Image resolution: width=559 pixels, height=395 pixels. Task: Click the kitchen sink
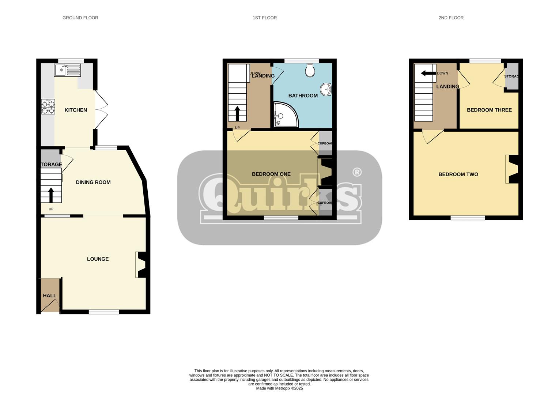[x=67, y=70]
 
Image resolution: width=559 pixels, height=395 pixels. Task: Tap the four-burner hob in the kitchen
[x=48, y=107]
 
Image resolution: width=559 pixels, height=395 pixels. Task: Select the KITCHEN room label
[x=76, y=110]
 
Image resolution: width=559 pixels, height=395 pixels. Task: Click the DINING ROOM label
[x=93, y=182]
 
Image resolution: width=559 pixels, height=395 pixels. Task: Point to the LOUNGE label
[x=98, y=259]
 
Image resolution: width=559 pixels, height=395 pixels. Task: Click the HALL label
[x=50, y=296]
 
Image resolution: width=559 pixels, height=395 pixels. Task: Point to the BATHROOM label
[x=303, y=95]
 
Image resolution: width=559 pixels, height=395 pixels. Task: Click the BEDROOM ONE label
[x=271, y=174]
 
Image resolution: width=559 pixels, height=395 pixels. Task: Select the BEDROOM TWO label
[x=458, y=174]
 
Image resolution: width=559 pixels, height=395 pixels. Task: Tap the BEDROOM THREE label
[x=489, y=110]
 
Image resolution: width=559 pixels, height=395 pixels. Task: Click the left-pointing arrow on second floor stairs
[x=428, y=73]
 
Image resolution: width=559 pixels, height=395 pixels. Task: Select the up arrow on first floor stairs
[x=237, y=113]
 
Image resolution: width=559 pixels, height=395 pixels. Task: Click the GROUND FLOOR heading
[x=80, y=18]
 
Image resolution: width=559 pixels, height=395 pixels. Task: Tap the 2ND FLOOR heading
[x=451, y=18]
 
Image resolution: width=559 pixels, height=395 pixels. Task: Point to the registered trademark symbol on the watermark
[x=357, y=172]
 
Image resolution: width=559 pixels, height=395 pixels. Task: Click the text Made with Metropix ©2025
[x=279, y=388]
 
